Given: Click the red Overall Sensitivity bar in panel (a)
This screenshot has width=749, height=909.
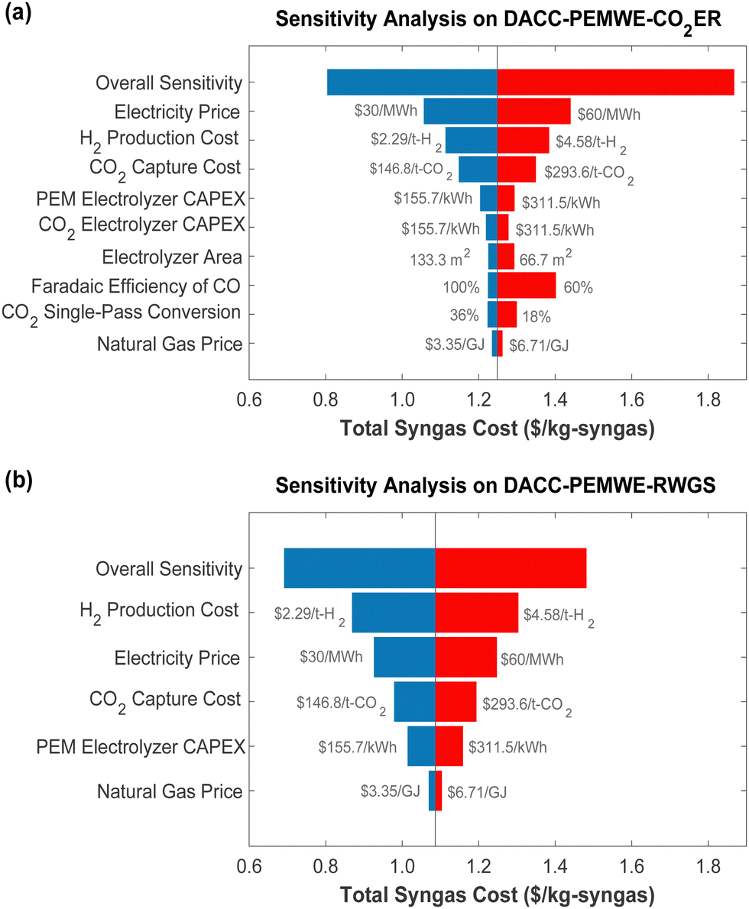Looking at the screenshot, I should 615,82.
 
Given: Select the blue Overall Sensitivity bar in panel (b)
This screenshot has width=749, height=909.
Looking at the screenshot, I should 359,568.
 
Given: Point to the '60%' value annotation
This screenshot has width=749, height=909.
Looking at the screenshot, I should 579,288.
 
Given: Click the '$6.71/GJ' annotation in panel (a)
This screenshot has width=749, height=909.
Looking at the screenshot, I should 538,345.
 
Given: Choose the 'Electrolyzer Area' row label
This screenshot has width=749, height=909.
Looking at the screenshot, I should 180,257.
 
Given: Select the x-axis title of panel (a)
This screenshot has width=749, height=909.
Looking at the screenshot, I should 495,429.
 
